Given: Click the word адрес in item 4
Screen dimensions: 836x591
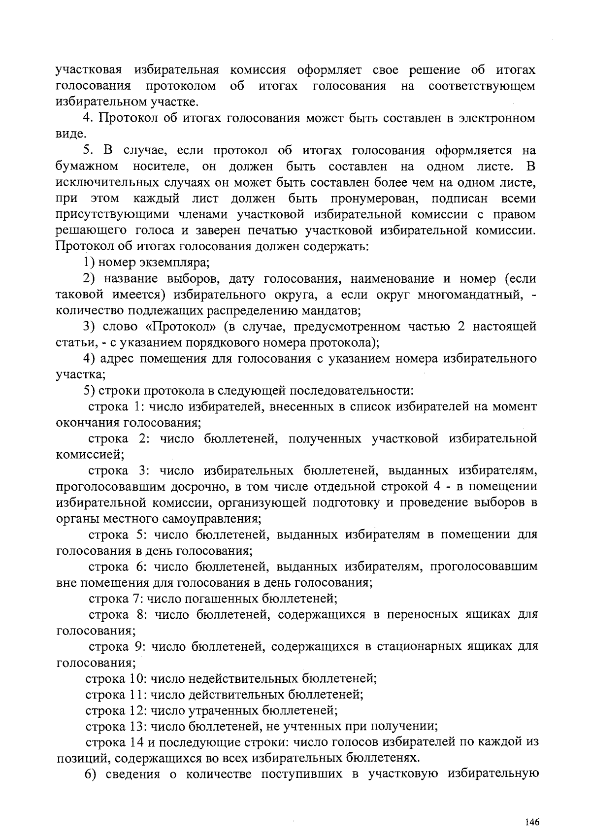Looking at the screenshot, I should point(118,358).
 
